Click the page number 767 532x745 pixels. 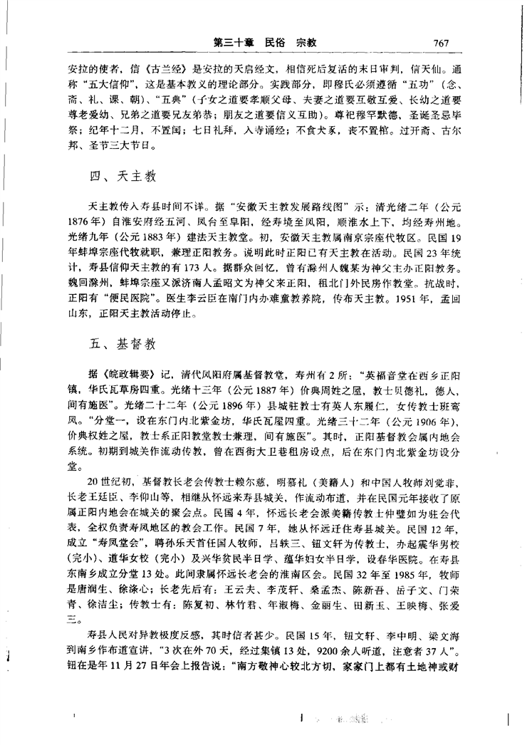pyautogui.click(x=438, y=42)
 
